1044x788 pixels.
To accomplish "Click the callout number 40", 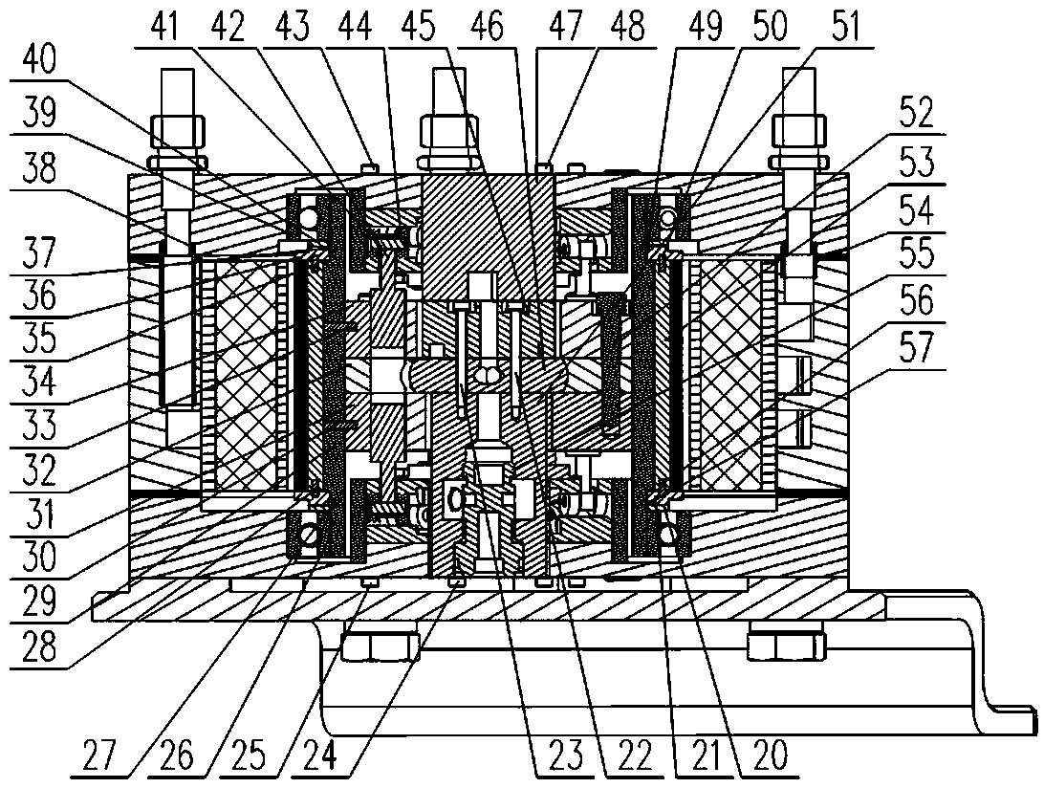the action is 38,62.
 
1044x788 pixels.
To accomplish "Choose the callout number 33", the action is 38,425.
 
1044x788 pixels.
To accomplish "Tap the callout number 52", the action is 917,113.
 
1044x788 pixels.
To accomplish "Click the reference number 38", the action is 38,169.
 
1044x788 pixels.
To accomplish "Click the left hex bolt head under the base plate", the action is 381,642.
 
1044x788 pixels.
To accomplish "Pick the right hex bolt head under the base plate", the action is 786,642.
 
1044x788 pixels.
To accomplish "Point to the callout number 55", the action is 917,253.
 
